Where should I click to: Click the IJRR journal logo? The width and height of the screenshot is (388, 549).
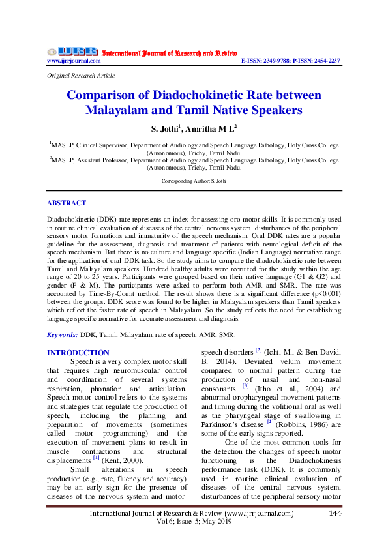pyautogui.click(x=72, y=52)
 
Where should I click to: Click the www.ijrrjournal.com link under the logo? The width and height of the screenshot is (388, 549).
pyautogui.click(x=74, y=61)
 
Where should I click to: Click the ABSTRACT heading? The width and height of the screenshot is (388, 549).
pyautogui.click(x=67, y=203)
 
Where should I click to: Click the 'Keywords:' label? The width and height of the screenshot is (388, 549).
pyautogui.click(x=63, y=334)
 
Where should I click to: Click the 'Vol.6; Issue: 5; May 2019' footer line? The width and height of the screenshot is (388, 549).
pyautogui.click(x=194, y=523)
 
